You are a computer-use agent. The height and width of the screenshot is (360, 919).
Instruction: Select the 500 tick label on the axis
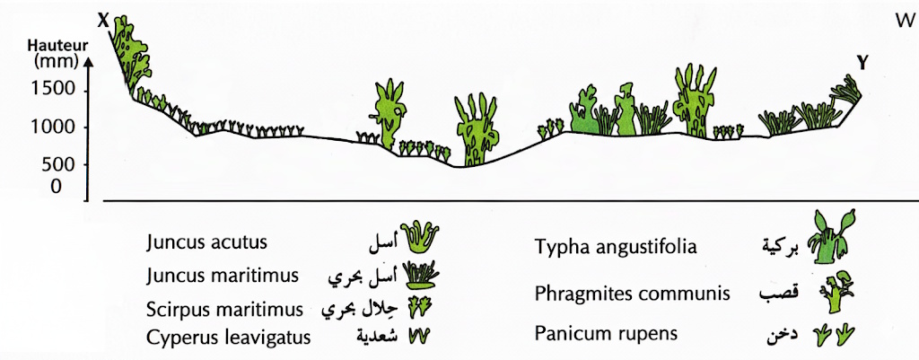point(57,165)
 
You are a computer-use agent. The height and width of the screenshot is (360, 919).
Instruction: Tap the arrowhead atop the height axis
point(87,61)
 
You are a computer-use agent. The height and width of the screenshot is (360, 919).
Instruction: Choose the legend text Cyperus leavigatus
point(229,338)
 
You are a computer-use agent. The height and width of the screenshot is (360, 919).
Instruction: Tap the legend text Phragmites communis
point(633,293)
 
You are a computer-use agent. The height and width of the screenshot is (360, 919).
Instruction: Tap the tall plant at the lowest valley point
point(477,129)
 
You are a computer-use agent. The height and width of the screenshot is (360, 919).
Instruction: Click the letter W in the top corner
point(905,22)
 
